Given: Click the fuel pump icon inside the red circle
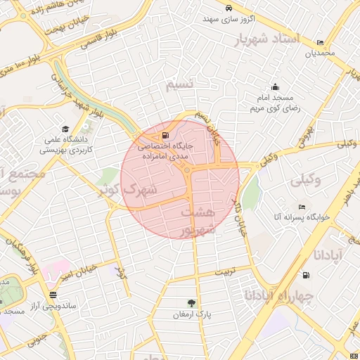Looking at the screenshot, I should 165,136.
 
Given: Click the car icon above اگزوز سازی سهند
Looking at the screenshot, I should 229,8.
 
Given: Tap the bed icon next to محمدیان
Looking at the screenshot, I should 321,42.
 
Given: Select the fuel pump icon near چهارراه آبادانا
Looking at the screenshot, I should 305,275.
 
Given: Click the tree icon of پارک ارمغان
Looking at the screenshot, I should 191,302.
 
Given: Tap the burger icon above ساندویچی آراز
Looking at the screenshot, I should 53,295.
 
